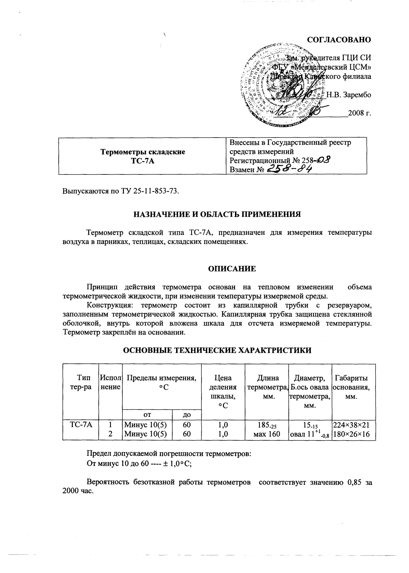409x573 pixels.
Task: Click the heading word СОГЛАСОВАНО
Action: [339, 40]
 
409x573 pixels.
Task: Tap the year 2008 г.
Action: [359, 113]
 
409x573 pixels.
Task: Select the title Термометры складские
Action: [142, 152]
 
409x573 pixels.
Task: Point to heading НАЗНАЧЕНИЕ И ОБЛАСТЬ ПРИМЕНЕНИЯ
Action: [217, 214]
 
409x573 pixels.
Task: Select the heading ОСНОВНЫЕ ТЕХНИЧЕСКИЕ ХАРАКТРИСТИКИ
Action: [217, 351]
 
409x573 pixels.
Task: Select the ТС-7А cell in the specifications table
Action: [81, 425]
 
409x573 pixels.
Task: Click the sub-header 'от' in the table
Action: [147, 414]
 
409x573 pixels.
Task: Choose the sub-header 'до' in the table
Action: [186, 414]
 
